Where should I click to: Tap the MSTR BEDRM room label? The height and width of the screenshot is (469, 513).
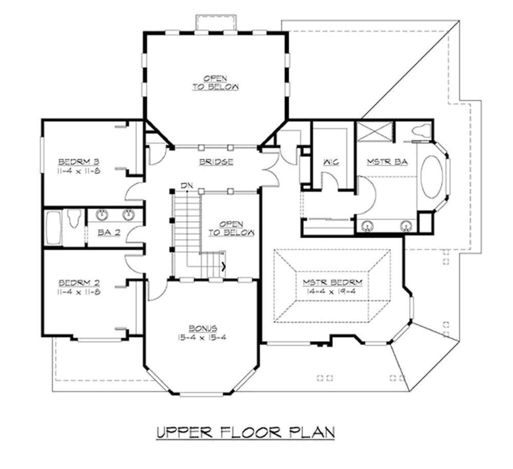(x=332, y=282)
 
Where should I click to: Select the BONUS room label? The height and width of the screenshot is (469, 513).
(x=203, y=328)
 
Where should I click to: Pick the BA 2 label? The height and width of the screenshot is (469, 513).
(x=109, y=232)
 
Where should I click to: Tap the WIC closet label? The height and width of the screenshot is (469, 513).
(x=330, y=162)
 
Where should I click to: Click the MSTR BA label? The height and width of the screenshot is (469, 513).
(x=387, y=162)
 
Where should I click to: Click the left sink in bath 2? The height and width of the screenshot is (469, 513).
(x=101, y=214)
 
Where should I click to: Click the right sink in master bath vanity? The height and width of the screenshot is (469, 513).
(x=407, y=225)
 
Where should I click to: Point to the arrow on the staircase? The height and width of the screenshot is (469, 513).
(x=223, y=265)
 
